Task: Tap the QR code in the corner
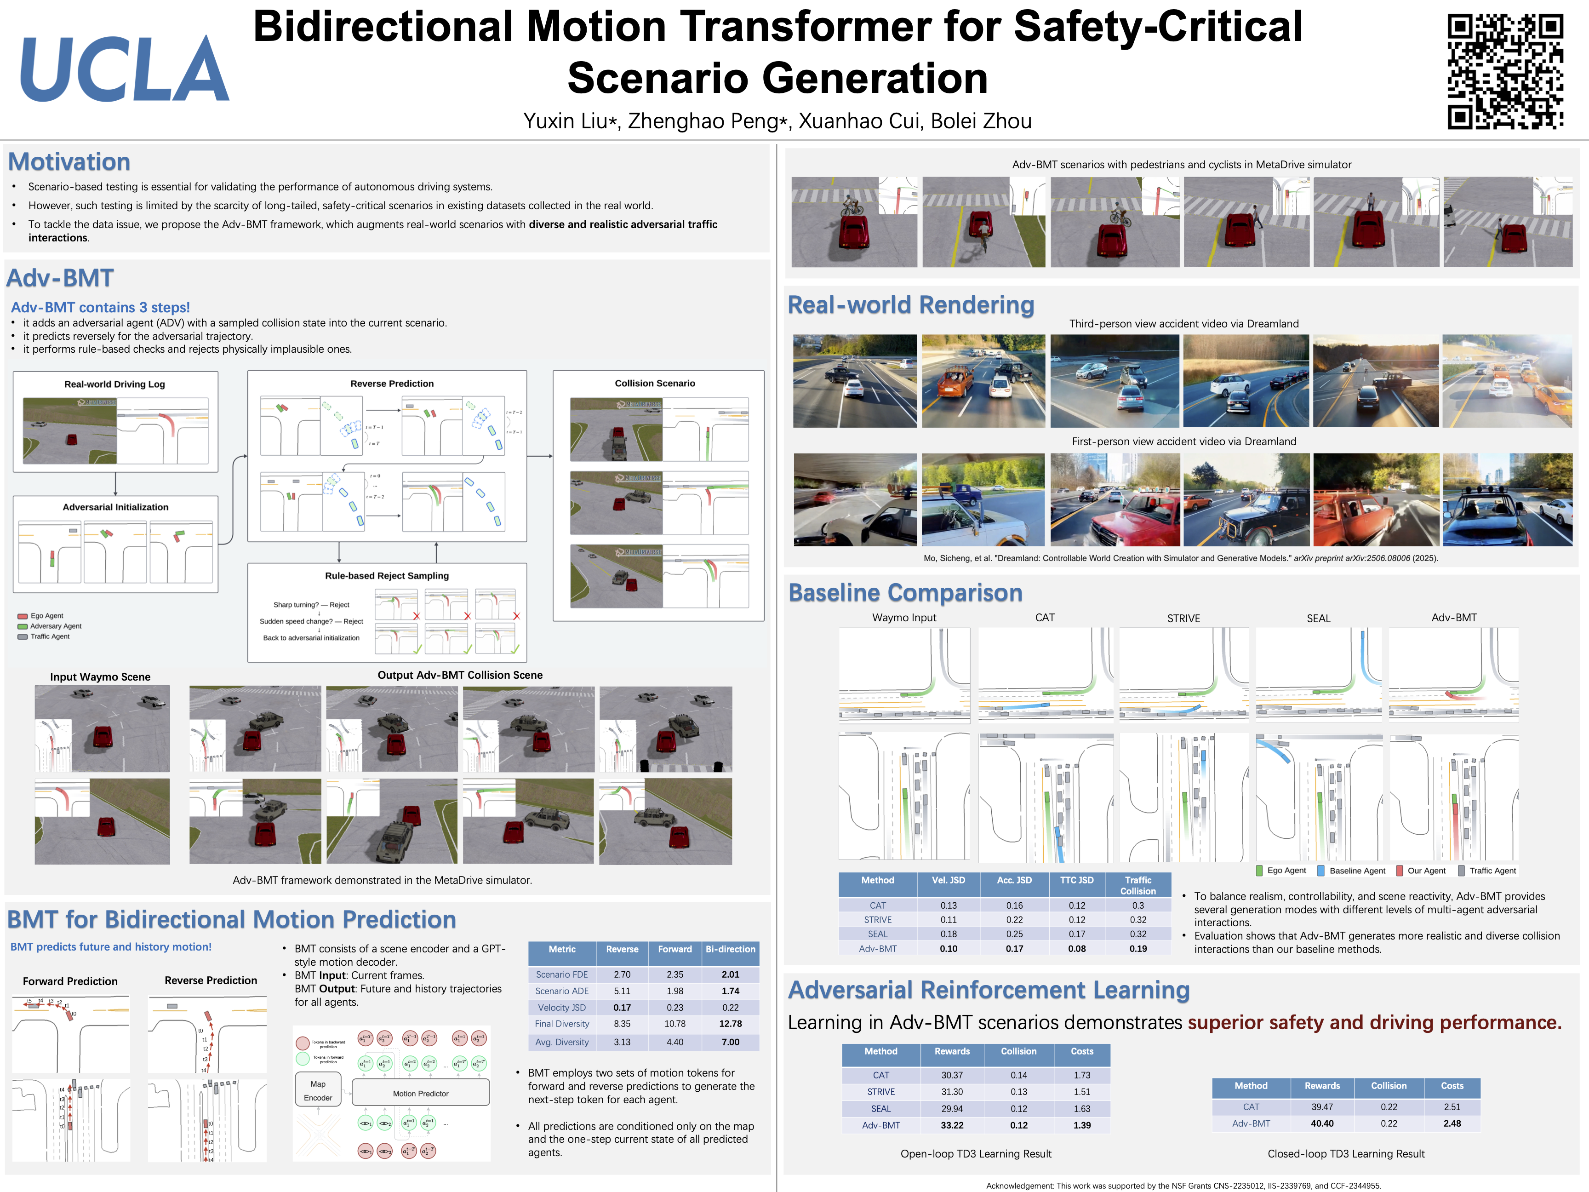coord(1505,71)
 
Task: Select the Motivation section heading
coord(69,162)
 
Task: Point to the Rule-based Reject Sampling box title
coord(387,575)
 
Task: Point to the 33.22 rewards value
coord(952,1125)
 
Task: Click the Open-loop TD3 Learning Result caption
coord(976,1154)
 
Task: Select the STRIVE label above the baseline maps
coord(1183,619)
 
